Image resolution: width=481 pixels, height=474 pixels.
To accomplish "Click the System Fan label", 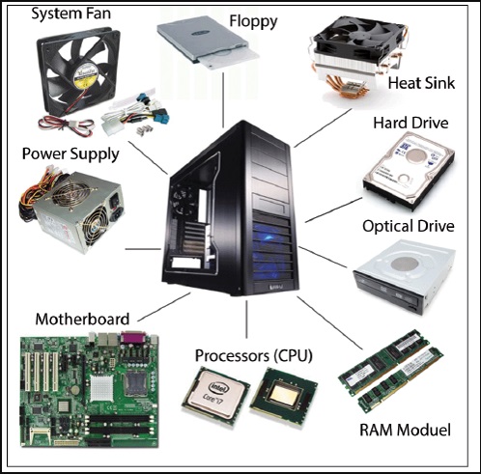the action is click(x=71, y=14).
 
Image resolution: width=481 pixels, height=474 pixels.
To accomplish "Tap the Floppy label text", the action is click(x=253, y=21).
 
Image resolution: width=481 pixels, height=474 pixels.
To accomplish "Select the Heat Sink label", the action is click(x=421, y=83).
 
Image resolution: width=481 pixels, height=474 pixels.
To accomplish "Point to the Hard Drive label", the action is click(x=410, y=123).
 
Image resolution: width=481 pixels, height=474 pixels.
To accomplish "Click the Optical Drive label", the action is click(x=409, y=226).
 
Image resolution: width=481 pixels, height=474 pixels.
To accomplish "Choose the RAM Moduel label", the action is click(x=405, y=430).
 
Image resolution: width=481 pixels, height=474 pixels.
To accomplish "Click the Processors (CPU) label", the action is click(x=254, y=356).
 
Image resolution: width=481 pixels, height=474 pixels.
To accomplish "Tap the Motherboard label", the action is click(x=82, y=320).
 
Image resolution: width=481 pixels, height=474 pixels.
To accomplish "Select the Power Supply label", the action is click(x=71, y=154).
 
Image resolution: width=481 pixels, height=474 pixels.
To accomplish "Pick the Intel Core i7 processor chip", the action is click(x=215, y=393).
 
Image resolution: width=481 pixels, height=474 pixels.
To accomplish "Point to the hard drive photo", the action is click(x=409, y=172).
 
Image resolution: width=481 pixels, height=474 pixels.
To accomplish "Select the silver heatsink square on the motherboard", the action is click(x=101, y=388).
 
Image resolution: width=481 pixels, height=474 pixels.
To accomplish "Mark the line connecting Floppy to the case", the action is click(x=223, y=100).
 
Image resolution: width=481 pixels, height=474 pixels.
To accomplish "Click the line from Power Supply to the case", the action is click(x=143, y=249).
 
